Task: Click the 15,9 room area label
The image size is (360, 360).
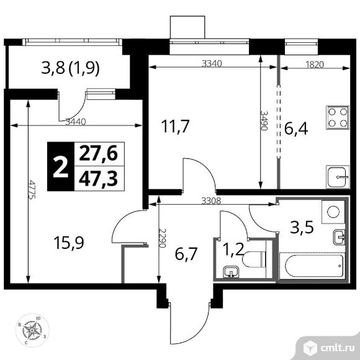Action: point(69,243)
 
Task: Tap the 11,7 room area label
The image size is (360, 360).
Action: point(175,126)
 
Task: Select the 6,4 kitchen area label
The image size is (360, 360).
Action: point(296,128)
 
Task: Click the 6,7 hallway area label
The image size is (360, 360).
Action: point(186,254)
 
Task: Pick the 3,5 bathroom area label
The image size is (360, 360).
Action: point(302,227)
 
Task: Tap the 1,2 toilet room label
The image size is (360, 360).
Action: point(233,250)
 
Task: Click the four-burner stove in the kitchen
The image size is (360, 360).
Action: point(338,117)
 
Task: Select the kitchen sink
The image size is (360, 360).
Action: point(338,177)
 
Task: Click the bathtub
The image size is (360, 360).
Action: point(312,266)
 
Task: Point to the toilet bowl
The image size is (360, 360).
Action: point(254,259)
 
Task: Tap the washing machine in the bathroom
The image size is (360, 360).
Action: point(333,212)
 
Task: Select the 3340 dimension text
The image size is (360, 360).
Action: point(212,63)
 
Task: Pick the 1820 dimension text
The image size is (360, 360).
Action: point(315,65)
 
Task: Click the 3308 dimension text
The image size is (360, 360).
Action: point(211,201)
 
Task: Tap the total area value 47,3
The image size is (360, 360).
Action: point(98,179)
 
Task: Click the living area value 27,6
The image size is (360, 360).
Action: point(98,153)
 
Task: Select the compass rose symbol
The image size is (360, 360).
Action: point(32,330)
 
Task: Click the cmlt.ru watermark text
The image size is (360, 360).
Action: point(338,348)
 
